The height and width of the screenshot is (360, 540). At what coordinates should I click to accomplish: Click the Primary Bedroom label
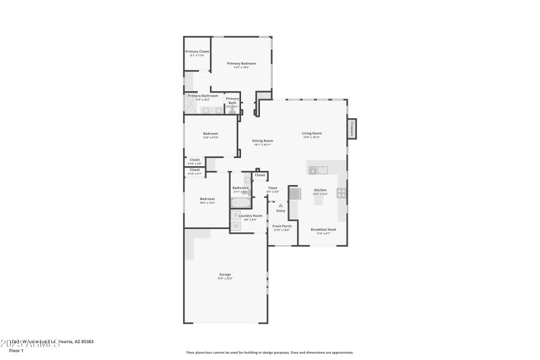(241, 63)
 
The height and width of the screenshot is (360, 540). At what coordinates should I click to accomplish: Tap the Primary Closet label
(197, 51)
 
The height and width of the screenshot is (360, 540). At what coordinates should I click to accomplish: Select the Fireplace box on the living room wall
(351, 129)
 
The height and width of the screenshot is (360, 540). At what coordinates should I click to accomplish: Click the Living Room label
(311, 133)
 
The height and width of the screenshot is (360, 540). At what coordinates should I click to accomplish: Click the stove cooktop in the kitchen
(342, 193)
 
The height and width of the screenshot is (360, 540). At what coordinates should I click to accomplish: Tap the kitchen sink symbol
(317, 170)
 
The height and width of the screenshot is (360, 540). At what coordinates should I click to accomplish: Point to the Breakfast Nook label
(323, 229)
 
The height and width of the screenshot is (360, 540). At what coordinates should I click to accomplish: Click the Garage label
(225, 274)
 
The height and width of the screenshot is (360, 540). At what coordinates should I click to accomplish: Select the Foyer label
(273, 188)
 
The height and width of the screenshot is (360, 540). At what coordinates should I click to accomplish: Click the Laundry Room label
(250, 215)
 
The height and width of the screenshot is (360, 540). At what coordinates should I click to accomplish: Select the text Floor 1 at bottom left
(16, 351)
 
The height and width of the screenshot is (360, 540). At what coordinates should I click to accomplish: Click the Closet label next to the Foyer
(260, 175)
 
